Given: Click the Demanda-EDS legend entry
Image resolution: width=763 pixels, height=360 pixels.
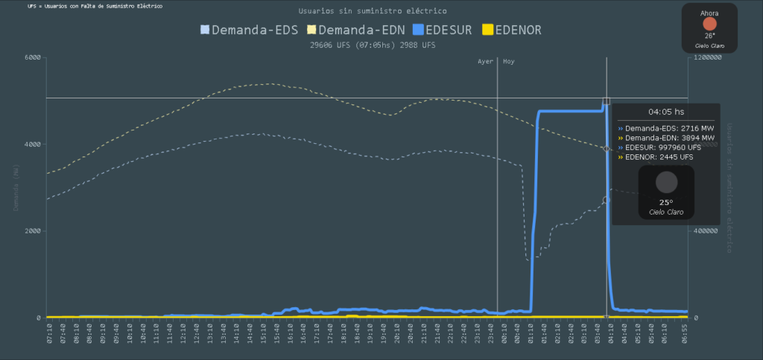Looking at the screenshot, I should click(250, 30).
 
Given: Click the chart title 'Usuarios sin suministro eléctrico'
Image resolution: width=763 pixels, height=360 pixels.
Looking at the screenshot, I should click(373, 11).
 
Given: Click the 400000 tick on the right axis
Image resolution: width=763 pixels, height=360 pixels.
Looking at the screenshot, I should click(708, 231).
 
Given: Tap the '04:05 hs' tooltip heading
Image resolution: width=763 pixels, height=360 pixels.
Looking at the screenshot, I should click(665, 112).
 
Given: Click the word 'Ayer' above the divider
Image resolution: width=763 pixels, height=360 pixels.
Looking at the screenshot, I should click(485, 62).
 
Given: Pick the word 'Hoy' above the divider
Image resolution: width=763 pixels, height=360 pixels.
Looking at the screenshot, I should click(508, 62).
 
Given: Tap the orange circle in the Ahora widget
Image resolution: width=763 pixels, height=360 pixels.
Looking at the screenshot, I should click(709, 24).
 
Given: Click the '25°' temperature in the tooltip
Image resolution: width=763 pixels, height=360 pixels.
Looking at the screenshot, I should click(665, 202).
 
